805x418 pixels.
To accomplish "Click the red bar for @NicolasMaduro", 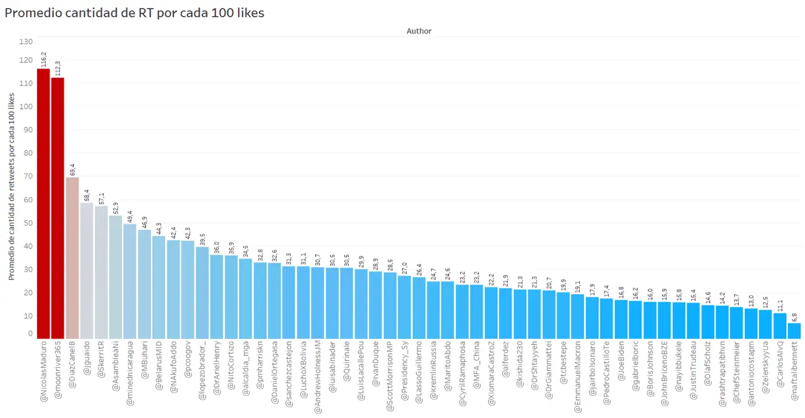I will tap(43, 203).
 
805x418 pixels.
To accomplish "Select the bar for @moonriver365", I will tap(58, 208).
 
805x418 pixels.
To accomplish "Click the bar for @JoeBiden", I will tap(620, 319).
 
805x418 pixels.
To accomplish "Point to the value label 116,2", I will tap(43, 59).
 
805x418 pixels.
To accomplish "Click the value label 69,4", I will tap(72, 169).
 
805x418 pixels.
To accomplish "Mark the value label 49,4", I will tap(130, 215).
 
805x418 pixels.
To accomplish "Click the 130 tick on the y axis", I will tap(26, 41).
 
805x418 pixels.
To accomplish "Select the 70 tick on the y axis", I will tap(28, 176).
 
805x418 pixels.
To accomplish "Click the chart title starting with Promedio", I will tap(134, 12).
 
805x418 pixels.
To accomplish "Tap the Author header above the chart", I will tap(419, 31).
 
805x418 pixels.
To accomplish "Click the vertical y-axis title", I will tap(12, 184).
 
